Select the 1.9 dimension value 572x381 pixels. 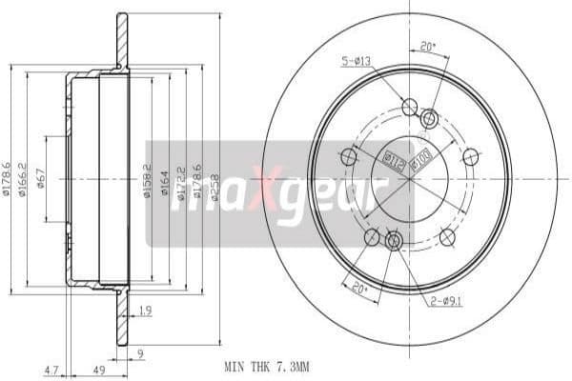(x=144, y=311)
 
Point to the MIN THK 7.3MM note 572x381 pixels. (x=267, y=366)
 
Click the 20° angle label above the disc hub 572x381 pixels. (x=427, y=45)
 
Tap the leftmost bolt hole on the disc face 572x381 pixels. (x=348, y=157)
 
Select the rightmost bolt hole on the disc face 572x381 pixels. (x=470, y=156)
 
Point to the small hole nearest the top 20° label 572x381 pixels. (x=429, y=118)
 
